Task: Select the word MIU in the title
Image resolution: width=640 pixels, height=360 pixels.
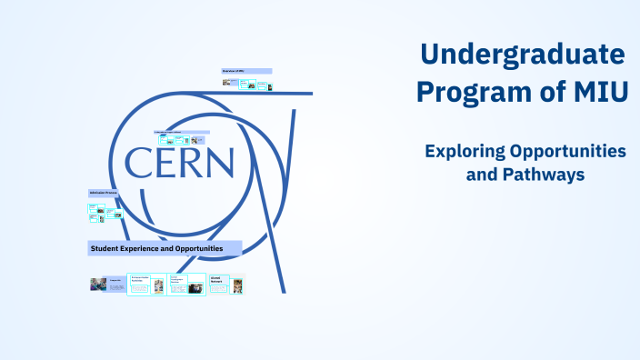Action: [599, 92]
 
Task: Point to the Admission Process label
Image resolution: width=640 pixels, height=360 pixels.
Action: [104, 194]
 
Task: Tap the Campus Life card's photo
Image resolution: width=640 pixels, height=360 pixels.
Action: [98, 285]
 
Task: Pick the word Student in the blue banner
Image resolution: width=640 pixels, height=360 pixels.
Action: [103, 248]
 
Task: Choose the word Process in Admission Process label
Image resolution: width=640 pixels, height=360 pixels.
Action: [111, 194]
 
